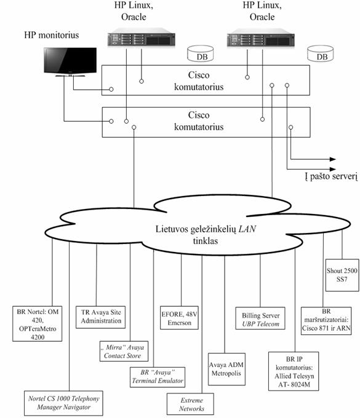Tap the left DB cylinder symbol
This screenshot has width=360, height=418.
click(201, 53)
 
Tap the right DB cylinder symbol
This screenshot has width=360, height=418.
click(320, 53)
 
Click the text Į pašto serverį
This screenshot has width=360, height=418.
click(331, 176)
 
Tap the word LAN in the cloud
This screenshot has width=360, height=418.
click(247, 229)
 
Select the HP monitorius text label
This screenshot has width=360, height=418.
click(52, 35)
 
